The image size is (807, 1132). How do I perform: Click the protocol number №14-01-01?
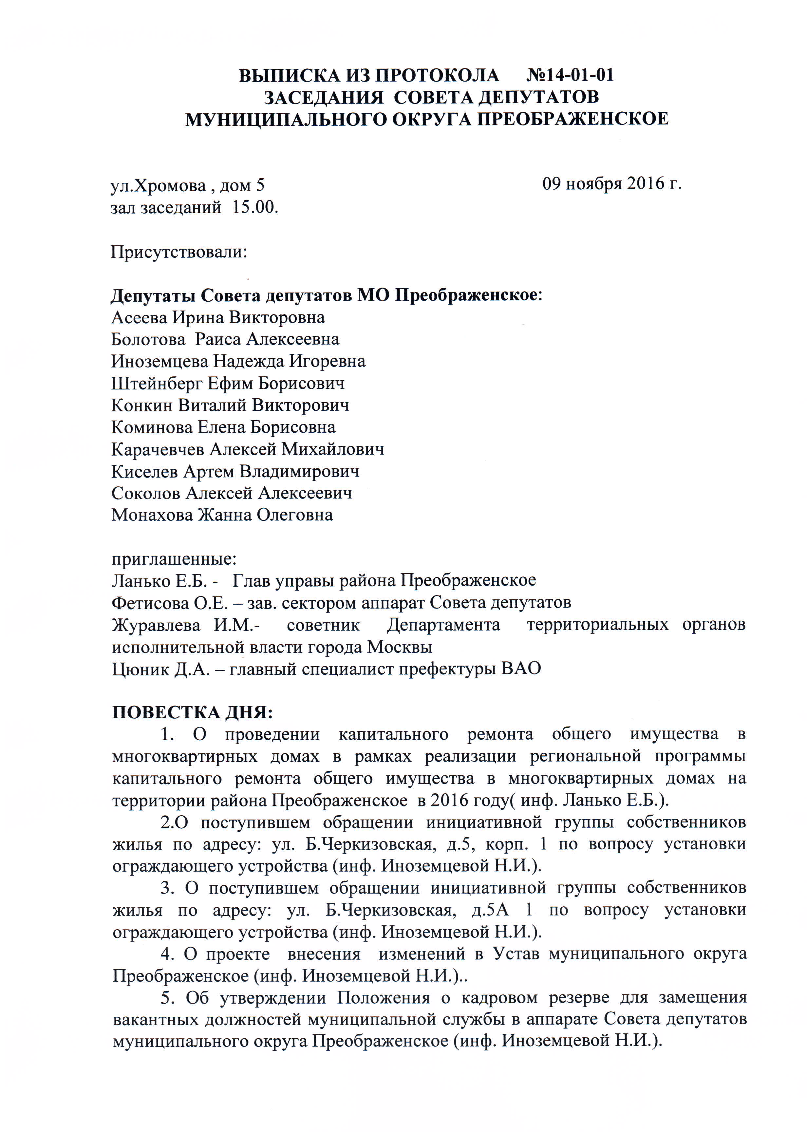[x=570, y=76]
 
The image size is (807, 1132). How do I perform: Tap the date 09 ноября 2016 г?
[x=611, y=184]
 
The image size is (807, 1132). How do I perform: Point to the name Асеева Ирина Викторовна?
[x=218, y=317]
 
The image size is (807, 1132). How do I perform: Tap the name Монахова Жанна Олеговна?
[x=222, y=515]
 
